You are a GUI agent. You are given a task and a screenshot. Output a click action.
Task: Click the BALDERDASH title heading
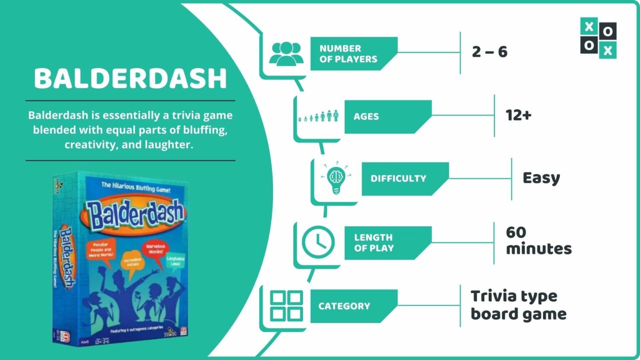click(130, 78)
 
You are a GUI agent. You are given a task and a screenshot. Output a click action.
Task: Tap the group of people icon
click(286, 54)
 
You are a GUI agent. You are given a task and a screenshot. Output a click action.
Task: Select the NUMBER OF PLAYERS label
click(348, 54)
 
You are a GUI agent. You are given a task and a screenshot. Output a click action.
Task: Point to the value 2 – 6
click(490, 52)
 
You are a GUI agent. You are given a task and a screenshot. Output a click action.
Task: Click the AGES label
click(366, 117)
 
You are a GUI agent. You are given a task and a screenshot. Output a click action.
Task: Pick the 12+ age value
click(518, 115)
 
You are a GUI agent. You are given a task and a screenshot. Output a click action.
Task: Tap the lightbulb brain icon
click(336, 179)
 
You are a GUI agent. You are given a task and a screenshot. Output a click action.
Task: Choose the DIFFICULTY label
click(398, 179)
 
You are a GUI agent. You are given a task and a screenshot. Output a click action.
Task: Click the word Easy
click(541, 178)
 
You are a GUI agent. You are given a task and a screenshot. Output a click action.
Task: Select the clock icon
click(318, 242)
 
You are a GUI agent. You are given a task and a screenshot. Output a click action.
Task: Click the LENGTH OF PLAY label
click(374, 243)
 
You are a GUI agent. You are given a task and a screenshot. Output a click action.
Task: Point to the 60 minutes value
click(538, 240)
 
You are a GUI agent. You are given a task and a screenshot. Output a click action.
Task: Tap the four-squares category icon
click(286, 306)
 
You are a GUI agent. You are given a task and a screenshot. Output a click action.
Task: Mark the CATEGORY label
click(344, 306)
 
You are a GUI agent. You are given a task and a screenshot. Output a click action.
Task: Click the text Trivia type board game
click(518, 305)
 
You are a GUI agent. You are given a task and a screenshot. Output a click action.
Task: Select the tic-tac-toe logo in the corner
click(598, 37)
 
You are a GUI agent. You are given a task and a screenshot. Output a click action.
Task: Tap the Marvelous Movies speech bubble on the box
click(155, 250)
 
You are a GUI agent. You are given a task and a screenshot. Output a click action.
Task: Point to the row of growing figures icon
click(319, 116)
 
